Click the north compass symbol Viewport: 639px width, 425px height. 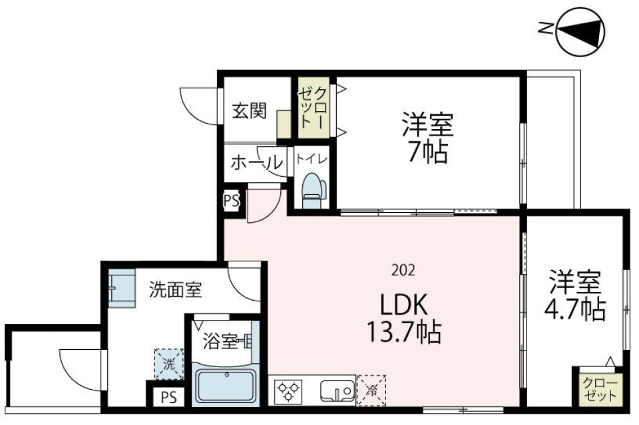(x=580, y=30)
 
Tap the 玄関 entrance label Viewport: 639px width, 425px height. (x=249, y=110)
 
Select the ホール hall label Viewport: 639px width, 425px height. (x=255, y=162)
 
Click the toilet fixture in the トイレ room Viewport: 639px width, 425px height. (x=311, y=190)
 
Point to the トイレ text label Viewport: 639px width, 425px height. (x=311, y=158)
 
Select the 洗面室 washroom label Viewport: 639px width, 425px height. (x=176, y=290)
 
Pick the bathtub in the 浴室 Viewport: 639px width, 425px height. (x=226, y=388)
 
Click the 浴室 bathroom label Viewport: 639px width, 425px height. (x=220, y=343)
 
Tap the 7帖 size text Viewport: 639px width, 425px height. (x=427, y=153)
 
